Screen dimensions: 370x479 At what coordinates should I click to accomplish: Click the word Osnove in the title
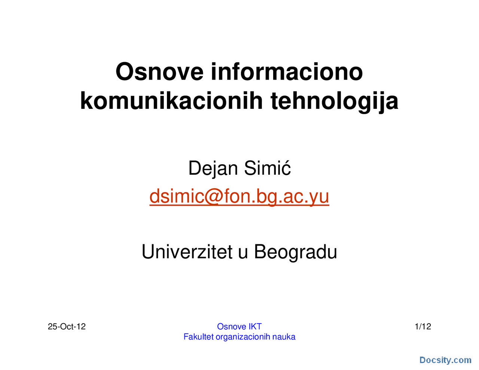[160, 72]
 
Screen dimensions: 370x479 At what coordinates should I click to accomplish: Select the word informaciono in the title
[287, 72]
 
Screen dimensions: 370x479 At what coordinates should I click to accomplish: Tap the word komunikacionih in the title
[172, 101]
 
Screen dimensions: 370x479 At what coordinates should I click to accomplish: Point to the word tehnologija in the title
[334, 101]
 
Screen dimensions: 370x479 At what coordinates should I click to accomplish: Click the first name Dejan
[213, 168]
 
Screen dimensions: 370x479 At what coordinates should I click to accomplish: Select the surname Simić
[267, 168]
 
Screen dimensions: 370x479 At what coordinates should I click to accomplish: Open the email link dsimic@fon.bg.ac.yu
[239, 196]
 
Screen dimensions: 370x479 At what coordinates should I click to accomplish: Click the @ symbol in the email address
[213, 196]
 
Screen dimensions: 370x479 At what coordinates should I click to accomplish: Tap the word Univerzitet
[187, 252]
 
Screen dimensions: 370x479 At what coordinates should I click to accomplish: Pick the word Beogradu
[296, 252]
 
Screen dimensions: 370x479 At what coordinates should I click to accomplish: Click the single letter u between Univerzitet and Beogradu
[243, 253]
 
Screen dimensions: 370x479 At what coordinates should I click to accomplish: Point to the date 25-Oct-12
[67, 327]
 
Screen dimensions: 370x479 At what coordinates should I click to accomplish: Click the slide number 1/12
[423, 327]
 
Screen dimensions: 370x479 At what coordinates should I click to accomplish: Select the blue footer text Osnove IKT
[239, 327]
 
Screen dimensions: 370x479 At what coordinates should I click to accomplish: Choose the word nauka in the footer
[284, 337]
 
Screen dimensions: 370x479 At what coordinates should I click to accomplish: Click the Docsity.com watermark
[445, 360]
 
